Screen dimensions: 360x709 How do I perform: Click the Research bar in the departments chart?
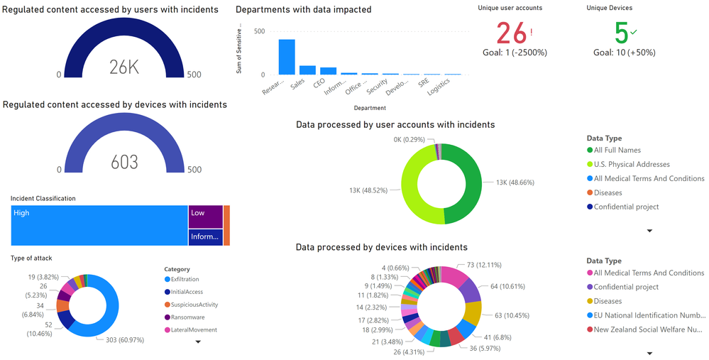pos(287,57)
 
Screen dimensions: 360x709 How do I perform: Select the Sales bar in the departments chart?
pos(307,70)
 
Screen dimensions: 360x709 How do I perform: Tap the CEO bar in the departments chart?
pos(328,71)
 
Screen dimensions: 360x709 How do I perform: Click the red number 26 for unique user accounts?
pos(512,33)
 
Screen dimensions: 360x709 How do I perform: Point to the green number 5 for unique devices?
pos(621,33)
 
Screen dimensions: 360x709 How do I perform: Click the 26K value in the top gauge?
pos(124,67)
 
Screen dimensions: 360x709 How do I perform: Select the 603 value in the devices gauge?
pos(124,162)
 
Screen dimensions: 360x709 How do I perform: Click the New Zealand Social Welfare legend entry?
pos(649,329)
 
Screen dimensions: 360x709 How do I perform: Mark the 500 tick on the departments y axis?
pos(259,31)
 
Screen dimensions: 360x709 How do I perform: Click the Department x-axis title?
pos(369,109)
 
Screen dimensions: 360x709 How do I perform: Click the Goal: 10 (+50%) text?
pos(625,53)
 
